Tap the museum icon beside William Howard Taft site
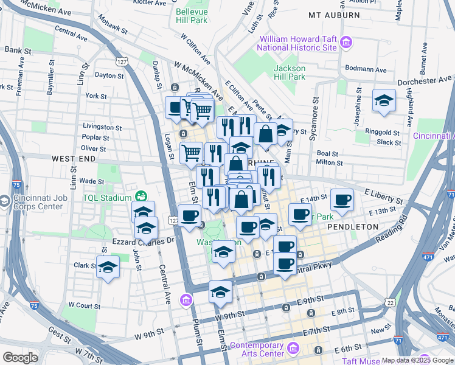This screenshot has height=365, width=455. coord(346,42)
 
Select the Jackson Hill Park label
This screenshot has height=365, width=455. coord(290,72)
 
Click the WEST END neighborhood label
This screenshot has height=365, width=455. coord(74,158)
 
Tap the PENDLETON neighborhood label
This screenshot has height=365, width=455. coord(353,226)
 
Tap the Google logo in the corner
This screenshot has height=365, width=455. coord(20,358)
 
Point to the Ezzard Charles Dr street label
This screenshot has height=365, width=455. coord(143,241)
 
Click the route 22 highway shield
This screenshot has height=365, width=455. coord(390,302)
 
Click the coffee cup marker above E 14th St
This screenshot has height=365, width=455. coord(342,199)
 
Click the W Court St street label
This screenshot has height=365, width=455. coord(83,304)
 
